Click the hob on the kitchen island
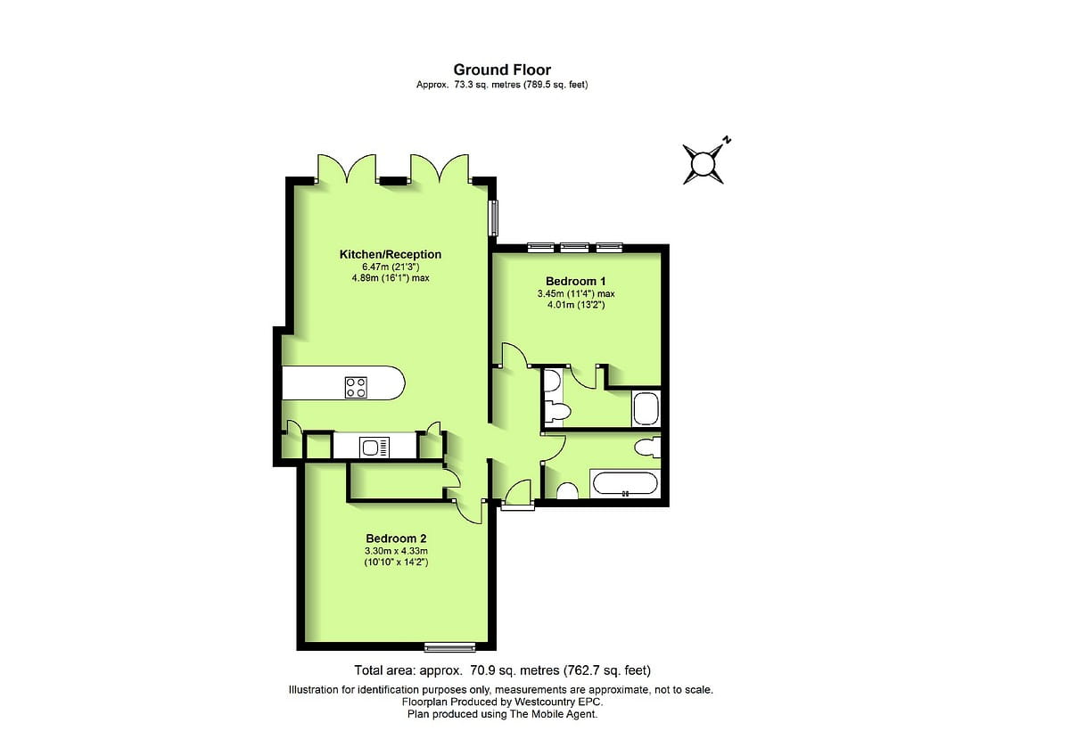[356, 387]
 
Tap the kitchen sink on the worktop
[374, 446]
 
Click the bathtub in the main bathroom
[625, 484]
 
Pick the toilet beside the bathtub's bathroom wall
[567, 490]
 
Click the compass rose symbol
[704, 164]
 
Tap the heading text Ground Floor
[502, 70]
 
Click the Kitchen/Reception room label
[391, 255]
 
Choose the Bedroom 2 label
[396, 538]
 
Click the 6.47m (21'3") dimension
[391, 267]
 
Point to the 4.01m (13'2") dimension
[576, 304]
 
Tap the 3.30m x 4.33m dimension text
[396, 551]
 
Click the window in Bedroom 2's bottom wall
[449, 645]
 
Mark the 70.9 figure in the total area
[479, 670]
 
